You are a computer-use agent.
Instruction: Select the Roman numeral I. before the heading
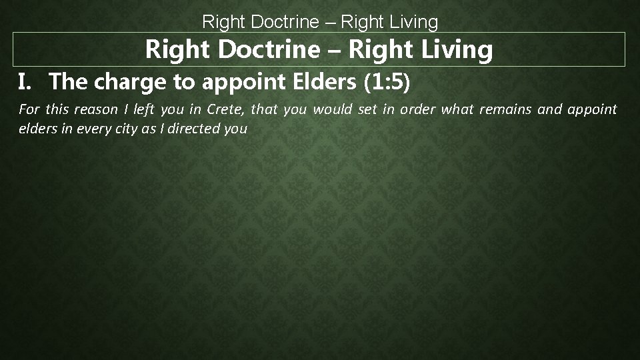coord(25,82)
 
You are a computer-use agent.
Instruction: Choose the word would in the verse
coord(332,109)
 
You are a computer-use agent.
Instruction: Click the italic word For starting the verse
coord(29,109)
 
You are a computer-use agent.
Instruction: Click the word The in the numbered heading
coord(68,82)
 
